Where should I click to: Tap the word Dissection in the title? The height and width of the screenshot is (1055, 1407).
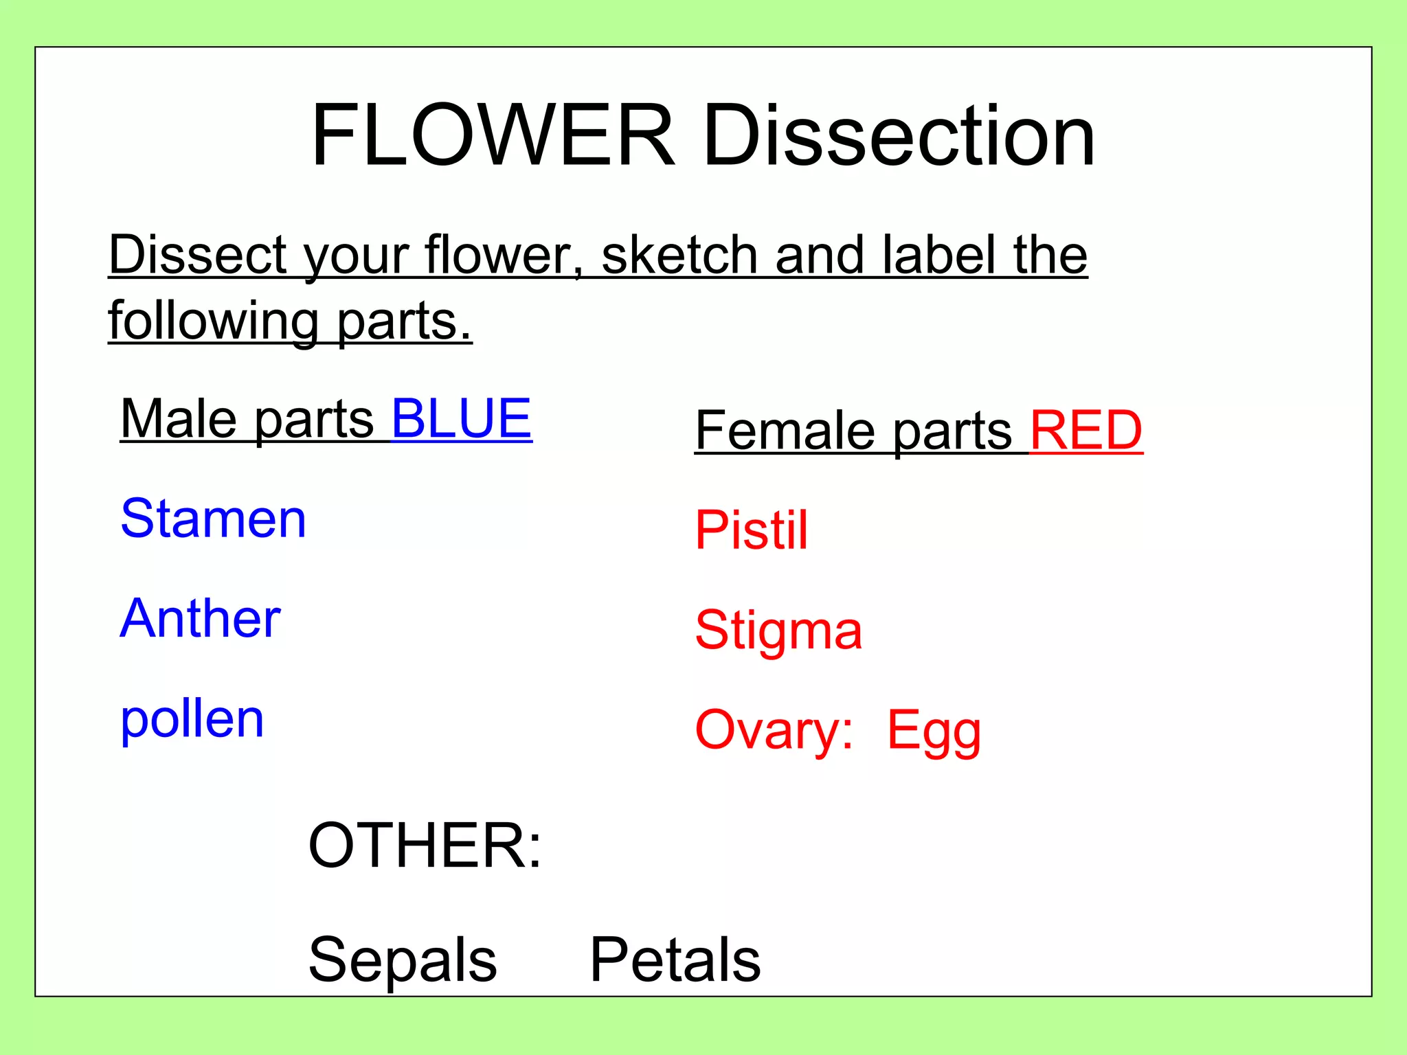[x=898, y=135]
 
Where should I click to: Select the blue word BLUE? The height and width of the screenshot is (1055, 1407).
[x=461, y=418]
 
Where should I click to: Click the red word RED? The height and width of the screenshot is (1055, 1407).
[x=1085, y=431]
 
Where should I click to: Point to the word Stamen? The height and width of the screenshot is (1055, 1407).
[x=213, y=519]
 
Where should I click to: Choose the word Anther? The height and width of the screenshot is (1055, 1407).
[x=200, y=618]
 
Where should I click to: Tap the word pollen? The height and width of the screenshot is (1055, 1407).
[x=192, y=720]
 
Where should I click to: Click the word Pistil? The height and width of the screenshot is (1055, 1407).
[x=751, y=530]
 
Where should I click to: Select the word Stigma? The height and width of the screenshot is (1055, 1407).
[x=778, y=631]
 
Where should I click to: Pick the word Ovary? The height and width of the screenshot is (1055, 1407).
[x=774, y=730]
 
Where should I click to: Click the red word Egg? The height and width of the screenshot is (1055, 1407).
[x=934, y=731]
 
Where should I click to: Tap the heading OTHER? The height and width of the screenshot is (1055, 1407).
[x=425, y=846]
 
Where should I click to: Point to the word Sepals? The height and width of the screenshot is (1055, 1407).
[x=402, y=960]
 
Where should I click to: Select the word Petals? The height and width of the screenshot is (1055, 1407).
[x=675, y=960]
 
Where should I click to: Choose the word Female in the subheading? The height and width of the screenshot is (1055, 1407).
[x=784, y=431]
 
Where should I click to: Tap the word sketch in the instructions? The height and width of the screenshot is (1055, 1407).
[x=679, y=255]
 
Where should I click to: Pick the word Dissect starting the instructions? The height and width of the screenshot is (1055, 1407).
[x=198, y=255]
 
